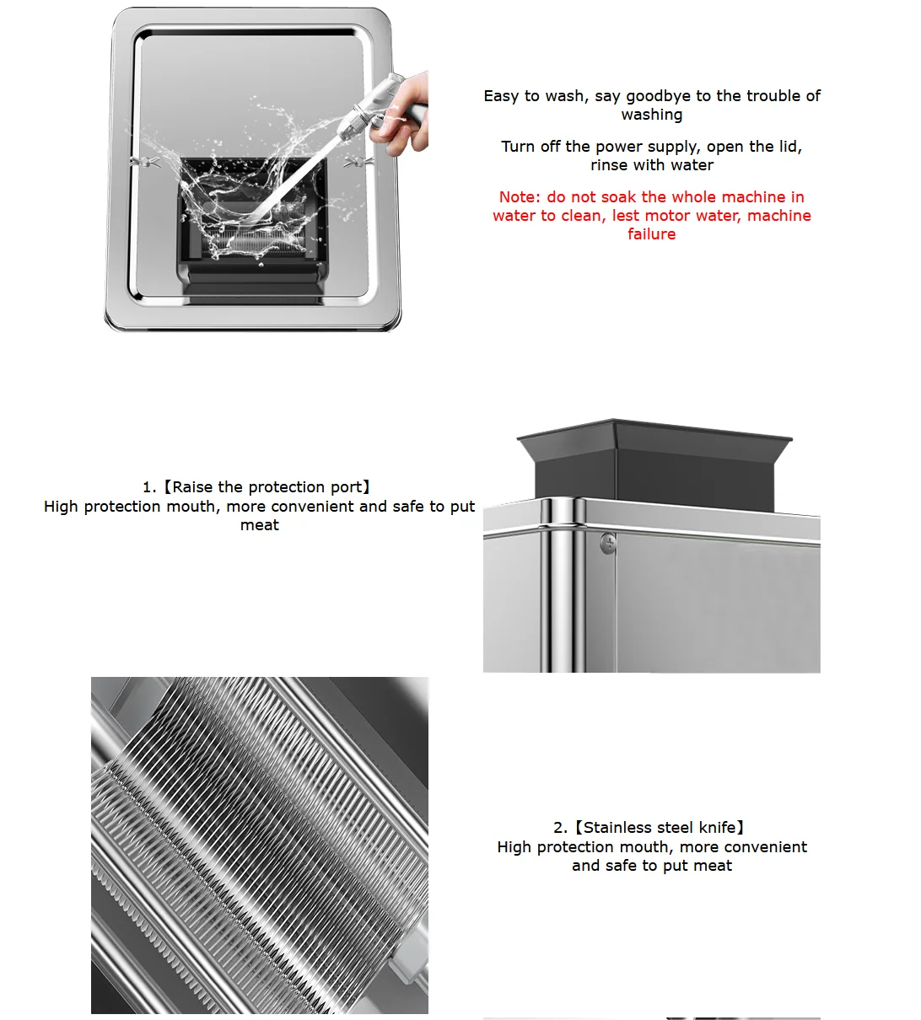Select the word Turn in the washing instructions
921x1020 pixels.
[518, 147]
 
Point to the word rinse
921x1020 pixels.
[608, 165]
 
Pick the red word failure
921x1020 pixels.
[651, 234]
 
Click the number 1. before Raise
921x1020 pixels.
[149, 487]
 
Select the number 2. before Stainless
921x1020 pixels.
[561, 828]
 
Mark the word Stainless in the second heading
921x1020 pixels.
[618, 828]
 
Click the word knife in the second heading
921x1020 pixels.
[717, 828]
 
